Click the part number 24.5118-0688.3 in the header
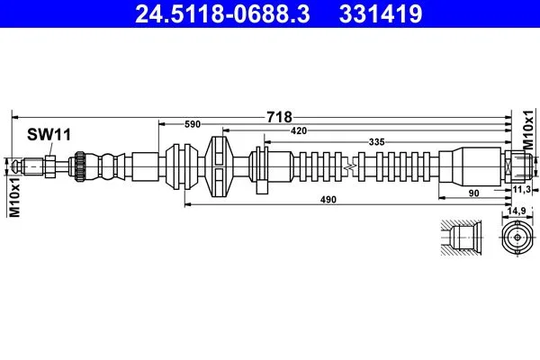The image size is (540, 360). click(222, 14)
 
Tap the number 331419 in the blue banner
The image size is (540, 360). click(381, 14)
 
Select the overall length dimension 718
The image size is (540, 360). click(279, 117)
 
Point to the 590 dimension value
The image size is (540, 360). click(193, 124)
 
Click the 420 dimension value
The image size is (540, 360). click(299, 130)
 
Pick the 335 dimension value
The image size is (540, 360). click(376, 142)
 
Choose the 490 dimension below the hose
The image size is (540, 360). click(328, 200)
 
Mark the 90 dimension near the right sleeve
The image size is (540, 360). click(474, 193)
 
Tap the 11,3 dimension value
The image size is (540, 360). click(521, 189)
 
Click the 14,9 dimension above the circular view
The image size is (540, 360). click(517, 211)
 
